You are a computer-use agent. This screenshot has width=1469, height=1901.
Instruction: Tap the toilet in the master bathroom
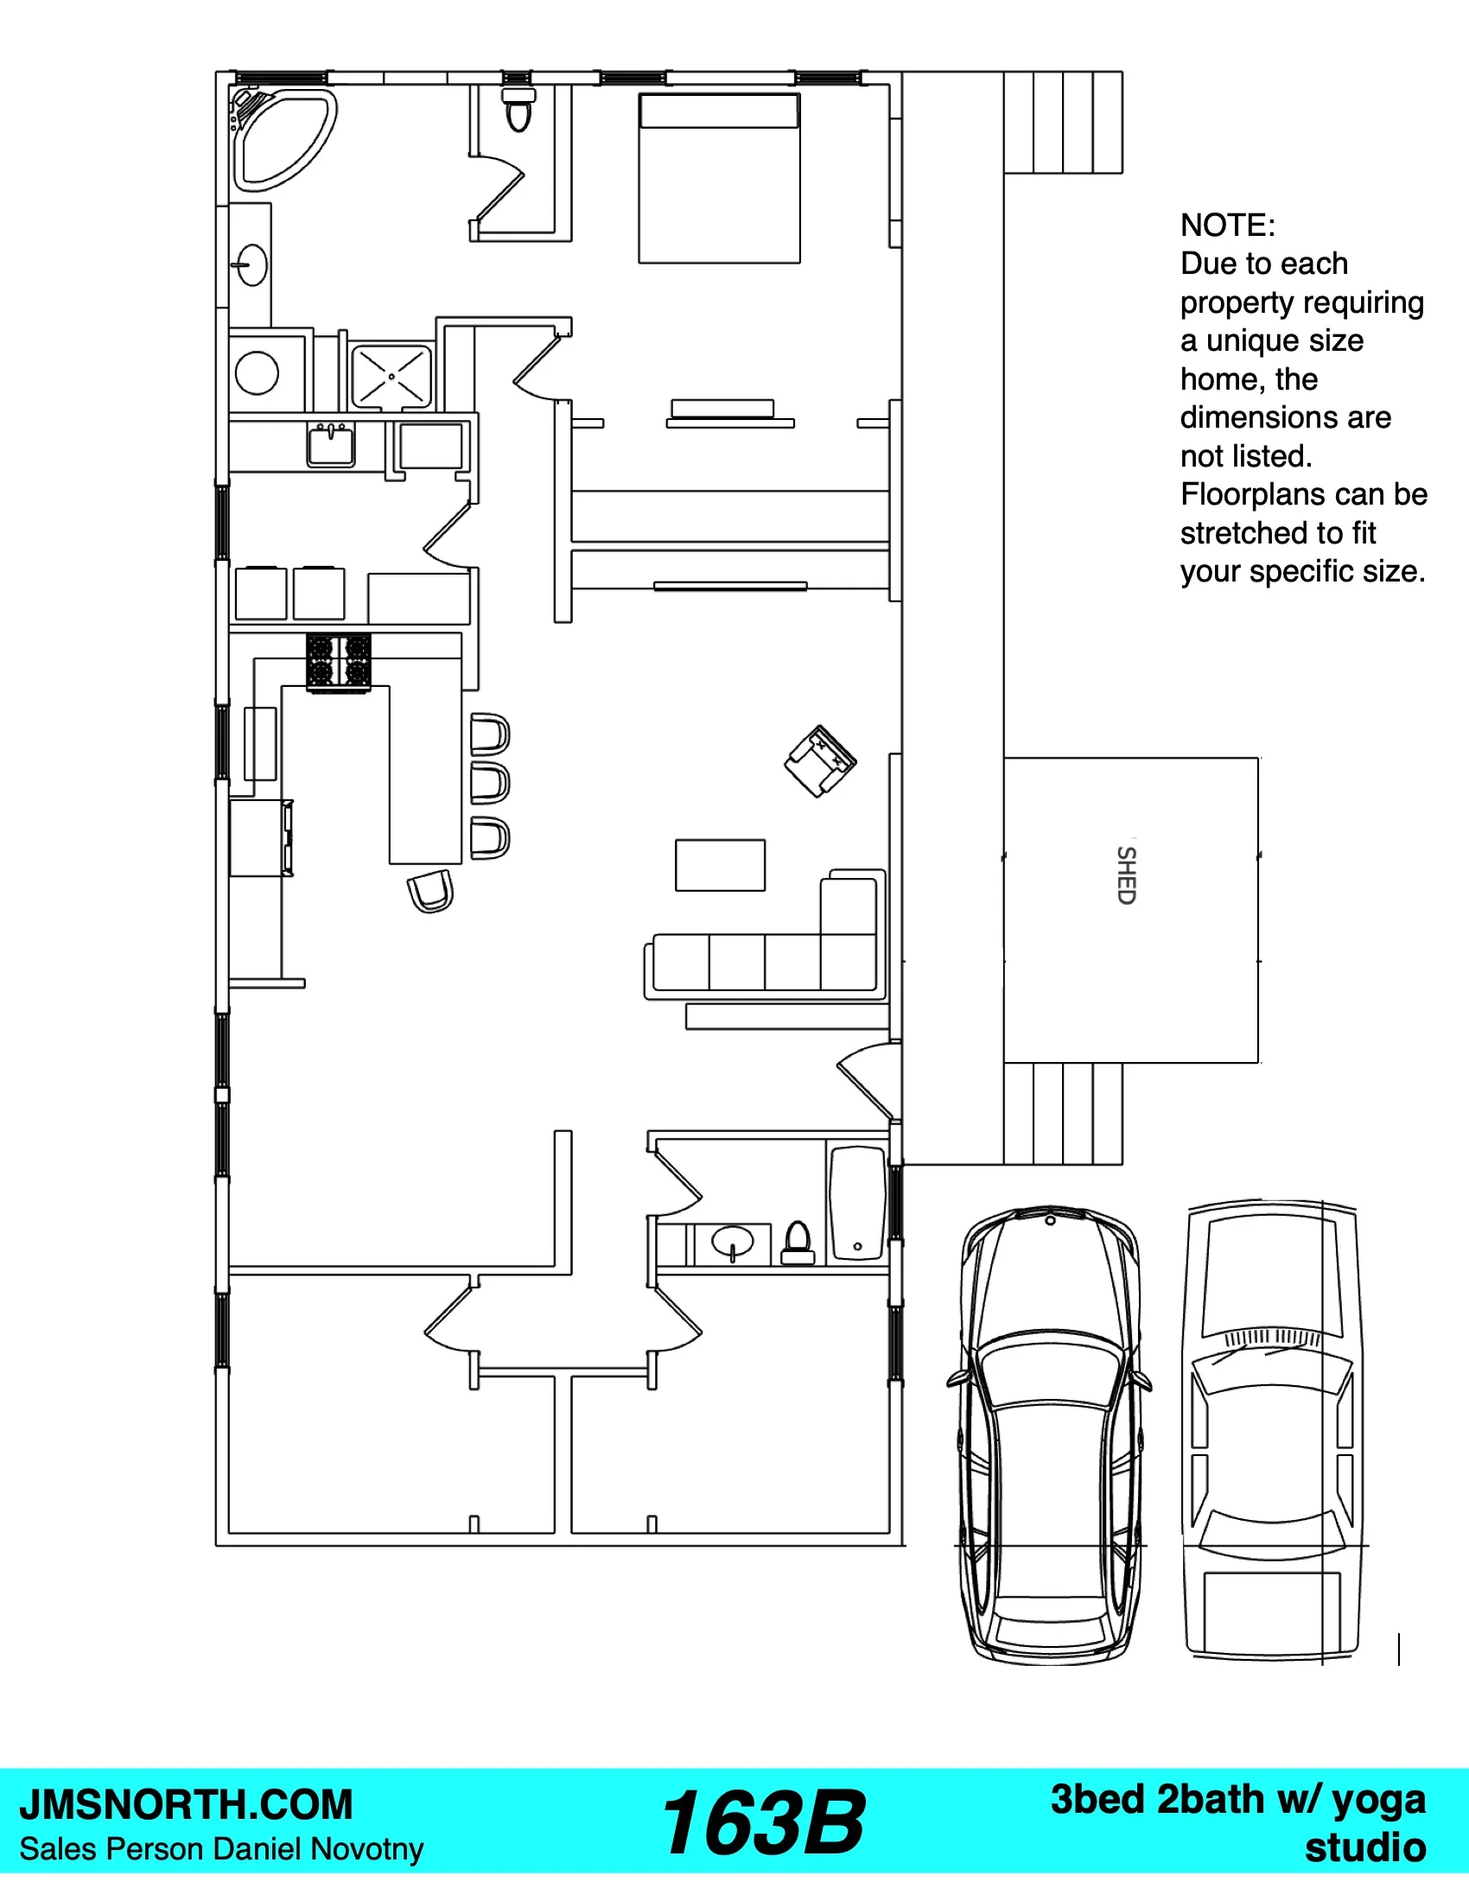click(x=518, y=110)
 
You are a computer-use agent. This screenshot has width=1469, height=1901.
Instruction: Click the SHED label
click(x=1126, y=874)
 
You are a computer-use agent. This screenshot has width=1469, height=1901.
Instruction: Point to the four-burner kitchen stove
click(x=339, y=663)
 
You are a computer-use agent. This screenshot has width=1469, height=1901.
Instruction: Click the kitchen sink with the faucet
click(x=331, y=445)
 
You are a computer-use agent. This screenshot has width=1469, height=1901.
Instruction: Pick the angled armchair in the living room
click(x=820, y=760)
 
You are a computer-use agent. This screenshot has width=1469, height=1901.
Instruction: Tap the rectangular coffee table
click(x=721, y=865)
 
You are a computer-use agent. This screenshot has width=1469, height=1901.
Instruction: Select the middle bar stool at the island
click(x=490, y=785)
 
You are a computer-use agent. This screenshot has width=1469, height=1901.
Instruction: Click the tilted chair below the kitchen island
click(x=431, y=890)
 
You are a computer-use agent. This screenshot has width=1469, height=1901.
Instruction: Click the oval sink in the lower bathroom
click(x=733, y=1242)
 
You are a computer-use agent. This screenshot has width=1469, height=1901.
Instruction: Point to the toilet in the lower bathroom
click(x=798, y=1243)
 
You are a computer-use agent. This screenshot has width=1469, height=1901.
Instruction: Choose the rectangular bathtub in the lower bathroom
click(x=857, y=1204)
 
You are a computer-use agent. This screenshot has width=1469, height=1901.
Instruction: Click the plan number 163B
click(x=762, y=1823)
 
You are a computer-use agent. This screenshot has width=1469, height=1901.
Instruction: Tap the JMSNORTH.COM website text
click(x=187, y=1805)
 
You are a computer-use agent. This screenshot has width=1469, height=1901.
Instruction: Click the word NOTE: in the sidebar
click(x=1228, y=226)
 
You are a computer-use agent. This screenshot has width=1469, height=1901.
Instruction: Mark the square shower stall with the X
click(x=391, y=377)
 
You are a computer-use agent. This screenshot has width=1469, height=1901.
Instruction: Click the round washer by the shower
click(x=257, y=372)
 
